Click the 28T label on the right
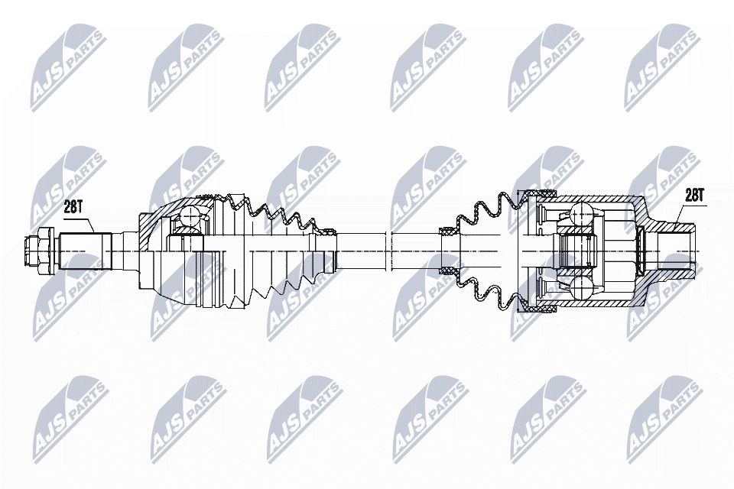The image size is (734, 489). point(693,196)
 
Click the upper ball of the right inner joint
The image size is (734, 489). point(580,213)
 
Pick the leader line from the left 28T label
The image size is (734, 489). point(88,222)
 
